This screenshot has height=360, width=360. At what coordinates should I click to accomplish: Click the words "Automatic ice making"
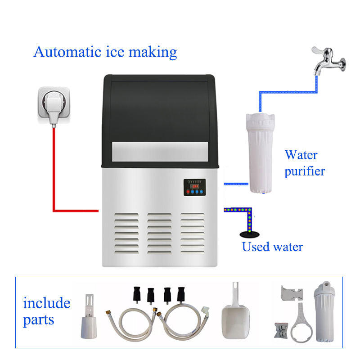click(105, 52)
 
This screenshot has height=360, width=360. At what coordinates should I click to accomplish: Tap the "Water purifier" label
click(304, 163)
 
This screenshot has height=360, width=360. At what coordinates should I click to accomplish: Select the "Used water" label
click(272, 247)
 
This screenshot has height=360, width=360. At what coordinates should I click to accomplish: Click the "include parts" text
click(46, 311)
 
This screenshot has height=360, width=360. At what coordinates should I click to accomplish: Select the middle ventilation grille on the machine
click(160, 232)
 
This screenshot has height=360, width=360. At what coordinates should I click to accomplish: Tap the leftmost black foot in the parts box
click(135, 295)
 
